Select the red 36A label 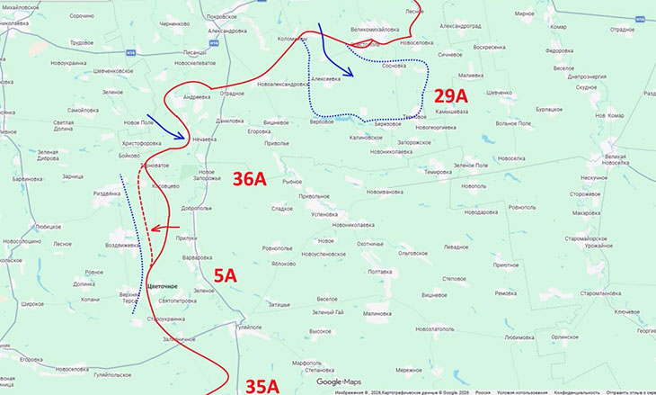pos(250,178)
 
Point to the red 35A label pos(262,386)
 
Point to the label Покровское pos(221,17)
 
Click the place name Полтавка pos(374,272)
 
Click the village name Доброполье pos(196,208)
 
